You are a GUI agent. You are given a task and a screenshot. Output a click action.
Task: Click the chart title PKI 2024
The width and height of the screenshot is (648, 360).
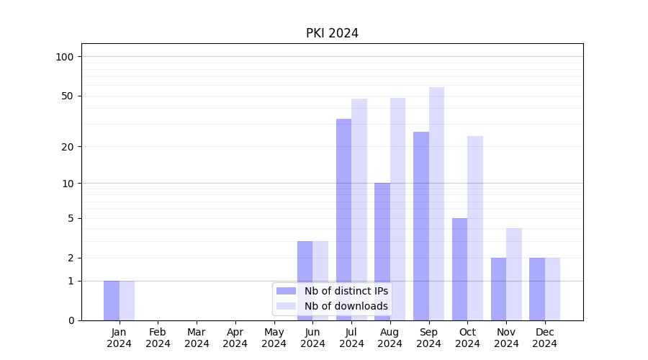point(332,33)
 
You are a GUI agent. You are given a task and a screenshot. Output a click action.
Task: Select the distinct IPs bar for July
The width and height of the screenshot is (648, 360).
point(343,220)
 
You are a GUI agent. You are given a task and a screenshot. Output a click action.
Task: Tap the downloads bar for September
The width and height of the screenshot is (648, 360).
point(436,204)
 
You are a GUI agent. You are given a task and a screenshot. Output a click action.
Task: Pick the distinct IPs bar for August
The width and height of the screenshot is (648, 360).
point(382,251)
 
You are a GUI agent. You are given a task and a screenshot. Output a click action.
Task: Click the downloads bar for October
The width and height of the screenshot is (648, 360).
point(475,228)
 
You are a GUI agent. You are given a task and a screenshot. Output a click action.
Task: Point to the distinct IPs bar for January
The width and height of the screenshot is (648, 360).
point(112,300)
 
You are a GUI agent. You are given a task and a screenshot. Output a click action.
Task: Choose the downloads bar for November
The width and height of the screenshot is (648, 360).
point(514,274)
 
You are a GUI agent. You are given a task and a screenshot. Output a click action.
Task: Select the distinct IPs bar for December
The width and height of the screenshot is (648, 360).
point(537,289)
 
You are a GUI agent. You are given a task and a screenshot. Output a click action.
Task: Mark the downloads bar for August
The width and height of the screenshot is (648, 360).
point(397,209)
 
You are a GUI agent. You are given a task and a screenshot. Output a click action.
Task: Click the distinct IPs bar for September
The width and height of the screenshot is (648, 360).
point(421,226)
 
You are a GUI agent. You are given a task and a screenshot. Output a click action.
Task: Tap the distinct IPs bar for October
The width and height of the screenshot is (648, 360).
point(460,269)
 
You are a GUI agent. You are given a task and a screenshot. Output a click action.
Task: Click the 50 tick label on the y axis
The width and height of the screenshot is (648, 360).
point(68,96)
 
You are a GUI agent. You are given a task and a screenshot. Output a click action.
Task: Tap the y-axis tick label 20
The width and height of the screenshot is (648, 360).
point(68,147)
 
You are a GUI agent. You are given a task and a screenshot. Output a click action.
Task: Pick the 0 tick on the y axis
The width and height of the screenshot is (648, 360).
point(71,320)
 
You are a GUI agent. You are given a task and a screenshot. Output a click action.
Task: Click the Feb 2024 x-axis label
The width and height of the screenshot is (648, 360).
point(158,338)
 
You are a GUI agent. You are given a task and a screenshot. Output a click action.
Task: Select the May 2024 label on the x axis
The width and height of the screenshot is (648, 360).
point(274,338)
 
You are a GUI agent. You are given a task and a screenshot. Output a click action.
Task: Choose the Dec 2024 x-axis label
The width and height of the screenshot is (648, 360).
point(544,338)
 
